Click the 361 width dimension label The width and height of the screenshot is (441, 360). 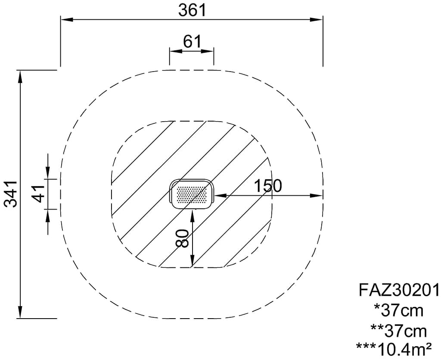[192, 10]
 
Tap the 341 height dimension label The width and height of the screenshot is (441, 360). [12, 194]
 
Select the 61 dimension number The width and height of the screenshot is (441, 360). [193, 42]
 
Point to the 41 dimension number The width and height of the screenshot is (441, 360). [38, 194]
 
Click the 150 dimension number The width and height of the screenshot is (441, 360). [268, 186]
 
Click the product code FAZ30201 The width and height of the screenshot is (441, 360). [399, 290]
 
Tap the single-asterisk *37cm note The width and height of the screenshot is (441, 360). [399, 311]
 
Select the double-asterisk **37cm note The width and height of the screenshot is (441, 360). [399, 331]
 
